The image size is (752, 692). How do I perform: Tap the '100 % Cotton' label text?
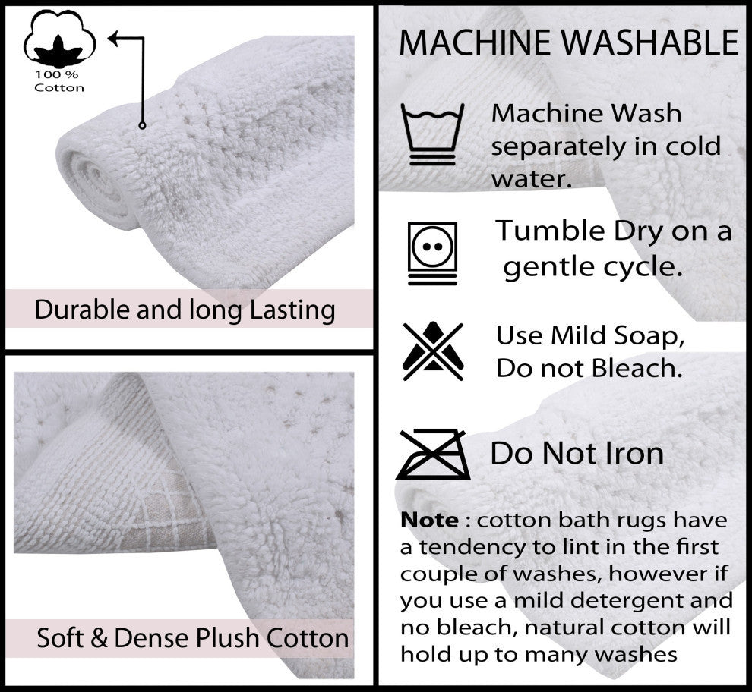tap(58, 81)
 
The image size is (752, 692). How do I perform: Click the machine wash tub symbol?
tap(433, 134)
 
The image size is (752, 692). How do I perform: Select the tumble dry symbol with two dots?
tap(433, 251)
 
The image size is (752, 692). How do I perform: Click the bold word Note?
tap(429, 521)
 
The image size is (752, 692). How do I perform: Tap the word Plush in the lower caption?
tap(220, 638)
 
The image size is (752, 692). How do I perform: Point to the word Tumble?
tap(548, 231)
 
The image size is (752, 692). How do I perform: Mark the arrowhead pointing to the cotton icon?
tap(113, 37)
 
